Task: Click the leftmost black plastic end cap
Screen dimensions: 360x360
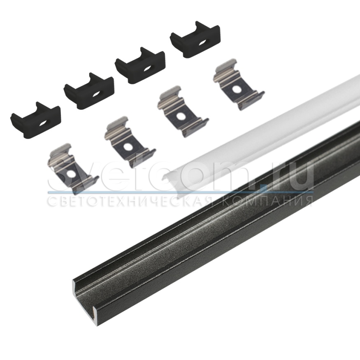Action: (35, 121)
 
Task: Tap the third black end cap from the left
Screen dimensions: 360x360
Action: (140, 66)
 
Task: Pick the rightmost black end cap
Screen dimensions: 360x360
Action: (195, 39)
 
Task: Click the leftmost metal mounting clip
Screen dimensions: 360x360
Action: (73, 169)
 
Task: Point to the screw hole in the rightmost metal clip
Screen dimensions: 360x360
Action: (236, 90)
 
